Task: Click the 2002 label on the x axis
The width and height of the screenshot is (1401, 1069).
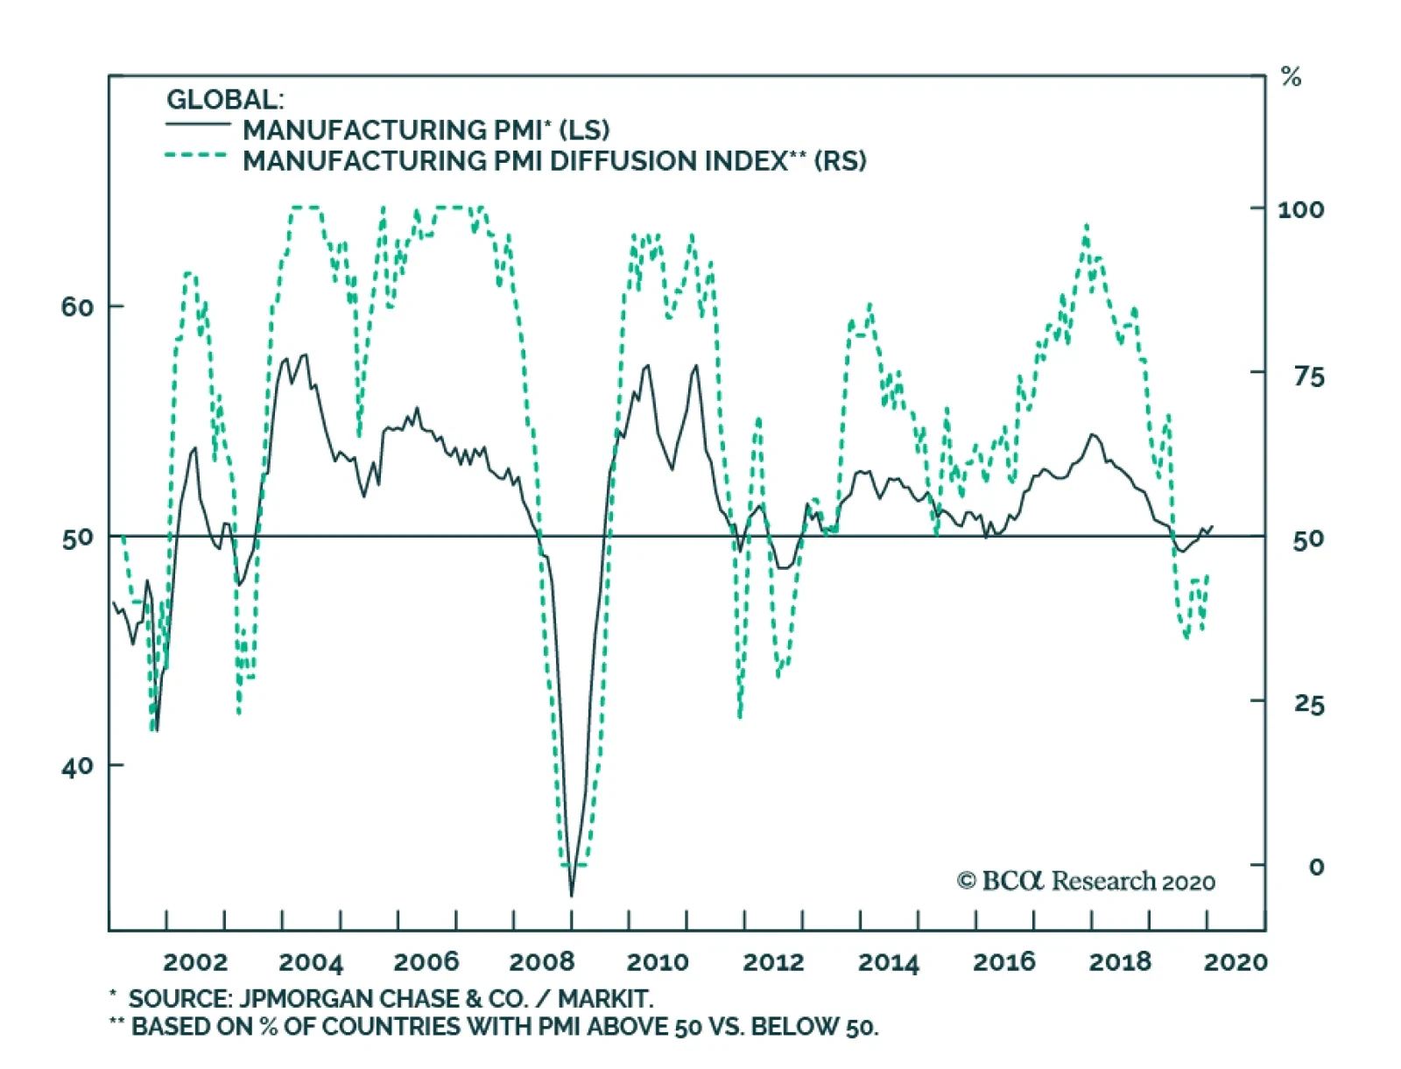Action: click(195, 961)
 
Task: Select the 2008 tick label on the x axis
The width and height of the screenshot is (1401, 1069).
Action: click(542, 961)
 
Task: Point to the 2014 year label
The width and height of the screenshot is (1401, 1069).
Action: click(889, 961)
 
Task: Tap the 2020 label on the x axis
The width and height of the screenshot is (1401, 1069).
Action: click(1236, 961)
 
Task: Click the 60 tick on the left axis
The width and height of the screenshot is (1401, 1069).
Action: click(77, 306)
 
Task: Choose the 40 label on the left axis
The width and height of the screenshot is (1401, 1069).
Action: click(77, 765)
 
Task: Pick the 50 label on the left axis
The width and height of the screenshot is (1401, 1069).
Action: click(77, 537)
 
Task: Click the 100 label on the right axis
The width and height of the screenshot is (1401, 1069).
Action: click(1300, 209)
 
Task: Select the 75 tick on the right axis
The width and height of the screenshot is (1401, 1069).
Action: click(1309, 376)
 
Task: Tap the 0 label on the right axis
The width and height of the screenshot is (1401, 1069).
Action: click(1316, 867)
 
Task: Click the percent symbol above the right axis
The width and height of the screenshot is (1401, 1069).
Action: click(1291, 77)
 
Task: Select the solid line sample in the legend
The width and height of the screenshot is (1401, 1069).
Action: click(198, 123)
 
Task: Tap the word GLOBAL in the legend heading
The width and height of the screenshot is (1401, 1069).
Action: click(224, 99)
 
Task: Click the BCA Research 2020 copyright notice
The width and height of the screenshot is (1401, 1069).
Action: click(1086, 881)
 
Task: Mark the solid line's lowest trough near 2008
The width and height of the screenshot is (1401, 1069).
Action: click(572, 895)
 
